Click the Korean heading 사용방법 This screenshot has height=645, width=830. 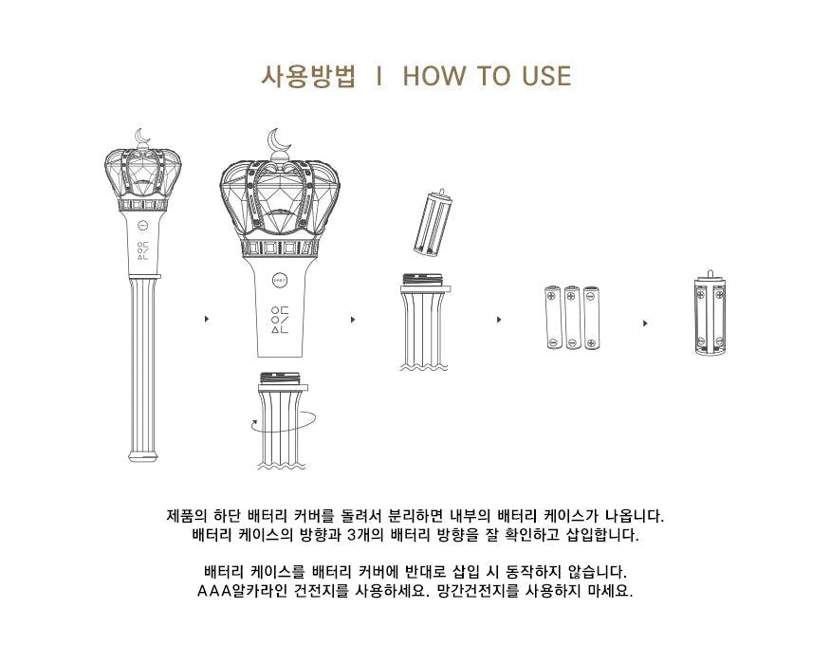307,77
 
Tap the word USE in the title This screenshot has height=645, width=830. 545,77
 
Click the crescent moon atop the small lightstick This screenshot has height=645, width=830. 143,137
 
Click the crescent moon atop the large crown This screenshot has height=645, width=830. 279,141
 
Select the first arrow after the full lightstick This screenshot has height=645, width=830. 207,320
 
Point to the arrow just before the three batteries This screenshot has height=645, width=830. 499,320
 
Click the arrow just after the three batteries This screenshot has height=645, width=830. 646,323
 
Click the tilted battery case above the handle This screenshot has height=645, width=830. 432,223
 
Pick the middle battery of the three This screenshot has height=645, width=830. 572,317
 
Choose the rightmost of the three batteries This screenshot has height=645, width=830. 591,317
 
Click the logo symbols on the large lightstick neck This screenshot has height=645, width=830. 279,320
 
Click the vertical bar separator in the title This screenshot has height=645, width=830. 379,77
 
